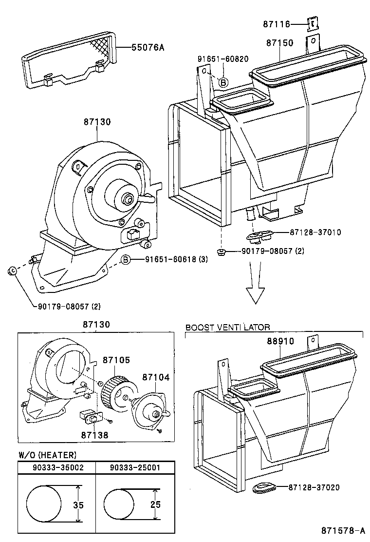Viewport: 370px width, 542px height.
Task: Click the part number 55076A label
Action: (148, 47)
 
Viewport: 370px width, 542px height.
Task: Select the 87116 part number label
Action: (276, 23)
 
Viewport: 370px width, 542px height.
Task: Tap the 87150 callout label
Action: (279, 43)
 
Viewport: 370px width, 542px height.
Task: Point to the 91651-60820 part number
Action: (222, 59)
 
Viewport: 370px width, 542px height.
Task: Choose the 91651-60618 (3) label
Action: (176, 259)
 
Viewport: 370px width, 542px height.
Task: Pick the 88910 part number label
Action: (280, 341)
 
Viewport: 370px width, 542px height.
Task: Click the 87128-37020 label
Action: (314, 487)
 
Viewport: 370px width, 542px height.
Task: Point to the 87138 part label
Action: (94, 435)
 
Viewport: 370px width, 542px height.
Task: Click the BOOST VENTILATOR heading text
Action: (227, 328)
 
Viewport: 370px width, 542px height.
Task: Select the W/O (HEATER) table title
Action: (47, 455)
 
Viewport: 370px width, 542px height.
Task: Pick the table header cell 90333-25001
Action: (134, 467)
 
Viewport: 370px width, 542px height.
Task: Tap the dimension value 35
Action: (78, 505)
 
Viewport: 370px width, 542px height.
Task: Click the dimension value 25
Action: (155, 504)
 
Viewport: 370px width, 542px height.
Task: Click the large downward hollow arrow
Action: (255, 290)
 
